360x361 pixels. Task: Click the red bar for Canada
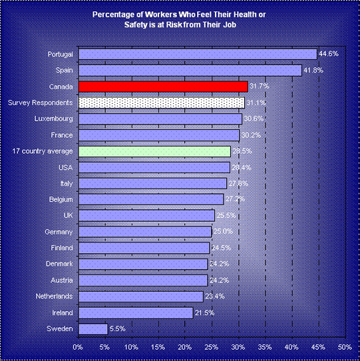point(163,87)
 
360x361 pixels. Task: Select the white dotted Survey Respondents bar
point(162,103)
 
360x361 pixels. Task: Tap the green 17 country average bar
point(154,151)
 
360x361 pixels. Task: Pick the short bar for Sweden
point(93,329)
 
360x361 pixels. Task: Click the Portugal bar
point(198,54)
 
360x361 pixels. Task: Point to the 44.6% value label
point(329,54)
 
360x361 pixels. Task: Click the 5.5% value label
point(118,328)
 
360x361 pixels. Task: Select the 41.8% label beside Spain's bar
point(313,70)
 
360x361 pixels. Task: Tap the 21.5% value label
point(204,312)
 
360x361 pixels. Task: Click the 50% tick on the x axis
point(345,347)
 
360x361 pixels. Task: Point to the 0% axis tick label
point(78,347)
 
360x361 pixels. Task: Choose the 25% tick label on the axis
point(212,347)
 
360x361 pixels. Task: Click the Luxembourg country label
point(54,119)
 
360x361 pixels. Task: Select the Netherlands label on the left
point(54,296)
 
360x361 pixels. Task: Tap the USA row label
point(66,167)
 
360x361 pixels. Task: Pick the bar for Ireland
point(136,313)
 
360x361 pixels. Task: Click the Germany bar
point(145,232)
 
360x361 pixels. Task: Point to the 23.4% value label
point(215,296)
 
